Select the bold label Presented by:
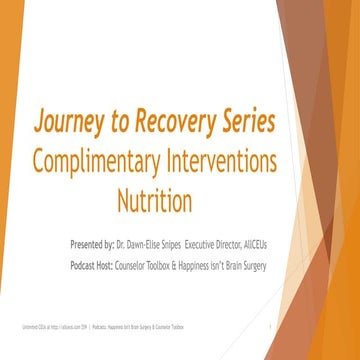(x=99, y=243)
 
